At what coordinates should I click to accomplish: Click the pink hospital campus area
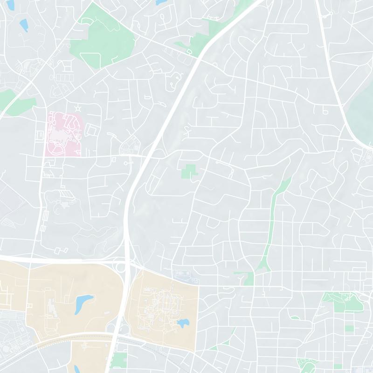[x=63, y=133]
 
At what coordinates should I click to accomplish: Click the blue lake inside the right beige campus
[x=183, y=322]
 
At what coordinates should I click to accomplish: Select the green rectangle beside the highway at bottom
[x=120, y=360]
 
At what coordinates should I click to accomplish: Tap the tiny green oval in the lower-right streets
[x=295, y=318]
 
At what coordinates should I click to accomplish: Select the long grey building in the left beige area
[x=50, y=308]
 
